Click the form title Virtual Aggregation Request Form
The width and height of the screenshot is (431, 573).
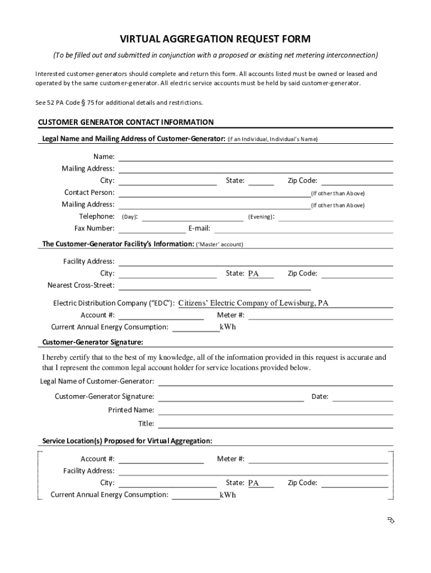(x=215, y=39)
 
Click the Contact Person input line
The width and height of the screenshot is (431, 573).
(x=214, y=193)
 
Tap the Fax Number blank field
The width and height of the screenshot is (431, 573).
(x=152, y=228)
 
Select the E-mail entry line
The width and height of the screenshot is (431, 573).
(x=303, y=228)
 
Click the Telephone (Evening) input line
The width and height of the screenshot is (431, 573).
(x=335, y=217)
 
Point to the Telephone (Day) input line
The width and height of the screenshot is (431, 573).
(x=193, y=217)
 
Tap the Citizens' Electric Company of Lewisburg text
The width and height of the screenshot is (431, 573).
(x=254, y=303)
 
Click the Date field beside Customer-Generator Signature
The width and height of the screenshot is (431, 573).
(x=363, y=397)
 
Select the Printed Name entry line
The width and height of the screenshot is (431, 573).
(x=275, y=410)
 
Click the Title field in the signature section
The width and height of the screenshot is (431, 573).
(x=275, y=424)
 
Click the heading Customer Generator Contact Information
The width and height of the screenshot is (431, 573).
(x=125, y=122)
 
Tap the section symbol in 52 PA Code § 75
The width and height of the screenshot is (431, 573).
(x=82, y=103)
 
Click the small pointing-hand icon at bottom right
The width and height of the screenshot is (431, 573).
(x=391, y=521)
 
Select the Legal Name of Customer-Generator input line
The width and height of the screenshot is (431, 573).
(x=275, y=382)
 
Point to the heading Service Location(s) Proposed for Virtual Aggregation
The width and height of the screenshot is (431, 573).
(x=127, y=441)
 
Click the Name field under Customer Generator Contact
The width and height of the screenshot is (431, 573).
(x=255, y=157)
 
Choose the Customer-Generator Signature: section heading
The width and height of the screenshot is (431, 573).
(x=92, y=342)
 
